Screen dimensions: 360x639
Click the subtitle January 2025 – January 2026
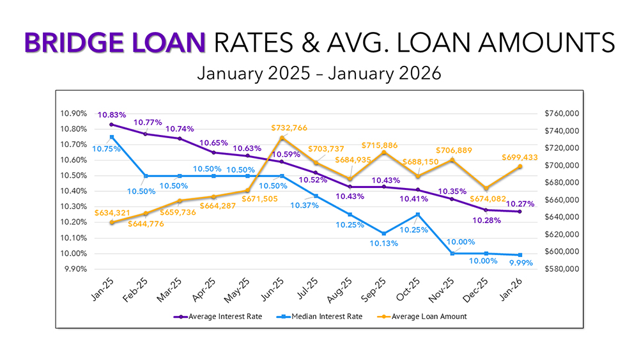click(x=319, y=73)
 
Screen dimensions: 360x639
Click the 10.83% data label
click(x=112, y=115)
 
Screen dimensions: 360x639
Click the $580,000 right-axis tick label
click(x=560, y=269)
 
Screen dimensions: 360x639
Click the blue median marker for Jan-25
click(x=112, y=137)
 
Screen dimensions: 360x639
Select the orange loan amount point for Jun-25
click(x=282, y=138)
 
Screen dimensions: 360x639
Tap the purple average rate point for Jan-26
click(x=521, y=212)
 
